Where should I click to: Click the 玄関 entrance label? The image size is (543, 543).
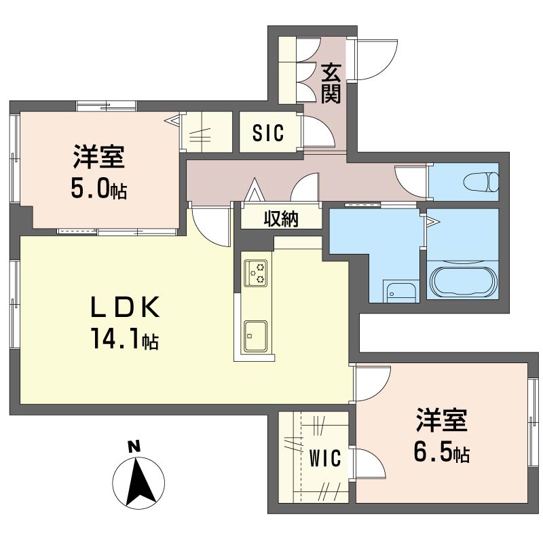point(331,83)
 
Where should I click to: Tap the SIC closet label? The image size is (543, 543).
point(268,132)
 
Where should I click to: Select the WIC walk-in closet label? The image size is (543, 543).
point(325,458)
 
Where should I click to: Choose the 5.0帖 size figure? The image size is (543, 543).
point(99,189)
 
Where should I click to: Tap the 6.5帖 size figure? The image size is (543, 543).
point(442,451)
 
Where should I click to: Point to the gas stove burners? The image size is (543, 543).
point(257,273)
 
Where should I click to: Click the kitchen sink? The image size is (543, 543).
point(256,335)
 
